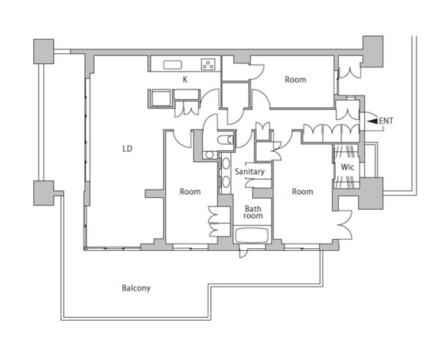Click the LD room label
pyautogui.click(x=127, y=149)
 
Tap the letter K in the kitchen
pyautogui.click(x=185, y=80)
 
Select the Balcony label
pyautogui.click(x=136, y=288)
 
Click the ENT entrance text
pyautogui.click(x=386, y=121)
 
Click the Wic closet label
pyautogui.click(x=347, y=167)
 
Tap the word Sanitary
pyautogui.click(x=249, y=172)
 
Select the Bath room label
pyautogui.click(x=253, y=212)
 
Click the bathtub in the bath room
pyautogui.click(x=252, y=235)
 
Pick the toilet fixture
pyautogui.click(x=225, y=139)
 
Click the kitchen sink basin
pyautogui.click(x=172, y=65)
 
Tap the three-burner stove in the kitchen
pyautogui.click(x=208, y=64)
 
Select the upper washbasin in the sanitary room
pyautogui.click(x=226, y=163)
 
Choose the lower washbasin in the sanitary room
pyautogui.click(x=226, y=182)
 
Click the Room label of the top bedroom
pyautogui.click(x=295, y=80)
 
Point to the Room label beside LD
pyautogui.click(x=190, y=191)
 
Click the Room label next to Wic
pyautogui.click(x=302, y=191)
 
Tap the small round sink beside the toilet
pyautogui.click(x=209, y=155)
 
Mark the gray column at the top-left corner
pyautogui.click(x=44, y=51)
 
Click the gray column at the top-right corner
pyautogui.click(x=373, y=51)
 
